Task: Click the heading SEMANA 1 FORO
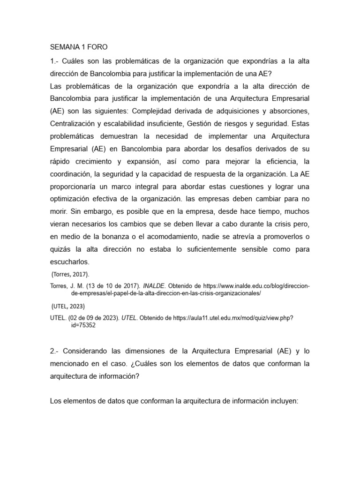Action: tap(79, 47)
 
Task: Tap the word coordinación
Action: tap(70, 174)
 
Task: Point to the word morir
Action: tap(58, 211)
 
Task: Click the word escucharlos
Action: tap(69, 262)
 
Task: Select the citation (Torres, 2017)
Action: tap(69, 274)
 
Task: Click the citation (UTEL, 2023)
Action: tap(68, 306)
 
